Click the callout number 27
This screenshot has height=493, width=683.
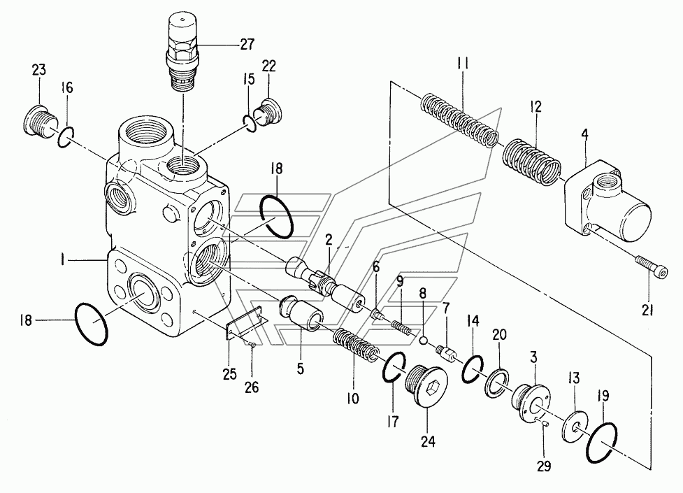coord(247,45)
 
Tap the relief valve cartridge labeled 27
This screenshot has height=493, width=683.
coord(182,52)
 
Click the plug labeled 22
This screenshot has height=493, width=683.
coord(268,113)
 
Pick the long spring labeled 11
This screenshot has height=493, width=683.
coord(460,120)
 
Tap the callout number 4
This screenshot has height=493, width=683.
coord(584,135)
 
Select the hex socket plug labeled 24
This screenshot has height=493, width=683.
coord(426,384)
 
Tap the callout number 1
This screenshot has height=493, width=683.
coord(64,261)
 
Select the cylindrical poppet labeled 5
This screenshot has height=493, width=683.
coord(301,313)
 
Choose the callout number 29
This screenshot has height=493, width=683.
coord(544,466)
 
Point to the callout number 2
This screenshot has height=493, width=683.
coord(329,239)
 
